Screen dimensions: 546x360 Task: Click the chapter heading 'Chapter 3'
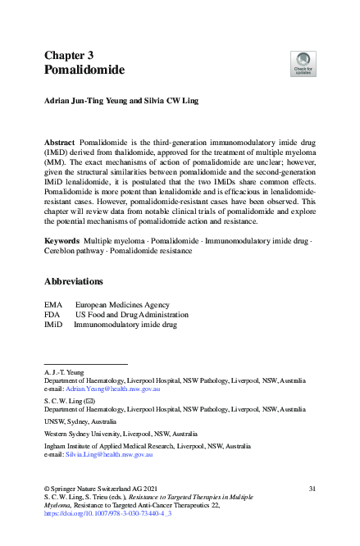coord(68,56)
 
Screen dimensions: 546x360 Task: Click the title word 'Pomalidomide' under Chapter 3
coord(84,71)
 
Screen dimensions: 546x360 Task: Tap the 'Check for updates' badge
coord(303,63)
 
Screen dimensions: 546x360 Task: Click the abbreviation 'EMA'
coord(53,303)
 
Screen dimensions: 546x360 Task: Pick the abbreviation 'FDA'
coord(53,314)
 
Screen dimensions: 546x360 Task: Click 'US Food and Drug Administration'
coord(131,314)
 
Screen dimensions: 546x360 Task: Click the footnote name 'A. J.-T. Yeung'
coord(64,371)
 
